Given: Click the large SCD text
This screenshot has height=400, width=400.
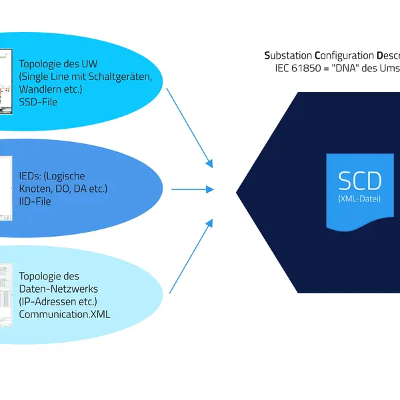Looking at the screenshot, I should [x=359, y=181].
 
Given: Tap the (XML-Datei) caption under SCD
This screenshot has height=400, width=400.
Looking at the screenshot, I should [x=359, y=199].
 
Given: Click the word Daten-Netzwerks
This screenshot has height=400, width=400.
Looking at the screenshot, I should [x=59, y=288].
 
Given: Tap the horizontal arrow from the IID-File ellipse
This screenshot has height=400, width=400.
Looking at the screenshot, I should [x=193, y=189].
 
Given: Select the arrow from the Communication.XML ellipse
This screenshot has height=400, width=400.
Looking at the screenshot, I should [x=191, y=254].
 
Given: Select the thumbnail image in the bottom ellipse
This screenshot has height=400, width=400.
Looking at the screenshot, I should [x=6, y=294].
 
